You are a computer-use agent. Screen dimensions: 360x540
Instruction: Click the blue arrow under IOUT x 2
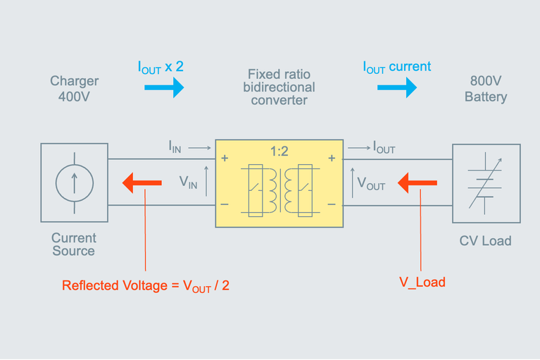[164, 87]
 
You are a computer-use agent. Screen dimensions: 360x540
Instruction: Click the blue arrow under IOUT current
[396, 87]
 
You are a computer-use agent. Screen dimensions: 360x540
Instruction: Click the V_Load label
[422, 282]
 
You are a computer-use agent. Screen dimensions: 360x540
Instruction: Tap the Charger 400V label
[74, 89]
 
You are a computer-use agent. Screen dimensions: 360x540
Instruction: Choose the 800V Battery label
[485, 89]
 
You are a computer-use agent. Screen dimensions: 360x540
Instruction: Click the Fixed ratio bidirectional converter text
[280, 87]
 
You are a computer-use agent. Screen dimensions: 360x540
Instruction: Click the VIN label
[188, 182]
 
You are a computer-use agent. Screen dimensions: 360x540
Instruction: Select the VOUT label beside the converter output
[371, 185]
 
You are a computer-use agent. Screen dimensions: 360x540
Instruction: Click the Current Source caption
[73, 244]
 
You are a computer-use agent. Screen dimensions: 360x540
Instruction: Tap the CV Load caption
[485, 241]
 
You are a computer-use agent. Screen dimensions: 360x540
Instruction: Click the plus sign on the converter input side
[225, 159]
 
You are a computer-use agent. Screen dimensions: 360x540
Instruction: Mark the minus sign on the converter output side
[332, 205]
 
